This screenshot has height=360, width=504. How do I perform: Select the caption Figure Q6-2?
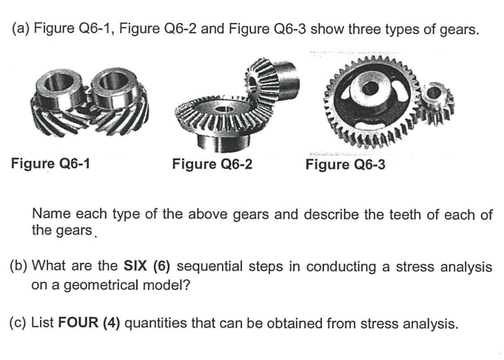pos(212,164)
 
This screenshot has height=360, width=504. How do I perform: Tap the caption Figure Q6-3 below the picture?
pos(345,164)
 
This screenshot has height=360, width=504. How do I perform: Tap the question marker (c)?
pos(20,323)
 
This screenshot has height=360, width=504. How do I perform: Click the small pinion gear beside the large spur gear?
pos(437,107)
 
